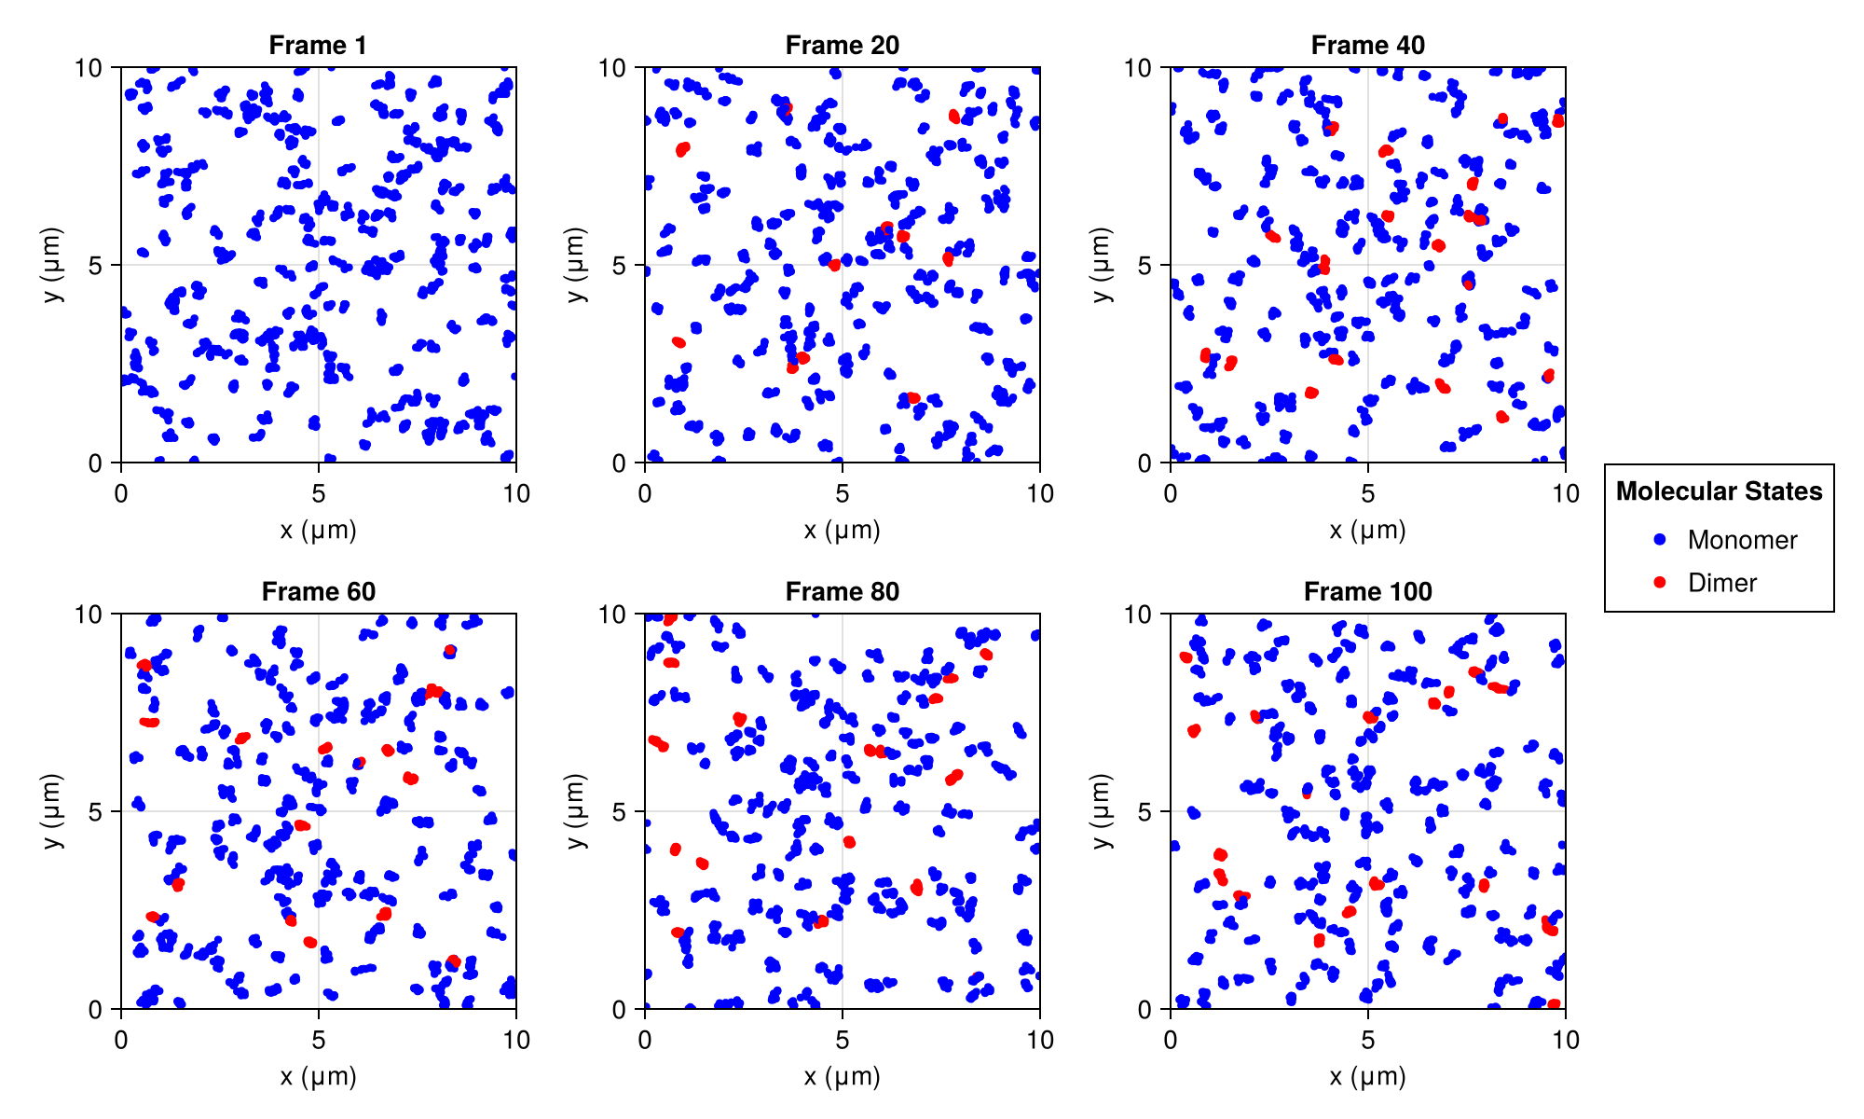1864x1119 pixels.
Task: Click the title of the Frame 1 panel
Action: tap(318, 45)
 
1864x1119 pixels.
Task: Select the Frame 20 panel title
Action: tap(843, 45)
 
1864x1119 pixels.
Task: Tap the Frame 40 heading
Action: tap(1367, 45)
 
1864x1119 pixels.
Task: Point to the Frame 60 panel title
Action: tap(318, 591)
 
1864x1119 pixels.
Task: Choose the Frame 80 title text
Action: tap(843, 591)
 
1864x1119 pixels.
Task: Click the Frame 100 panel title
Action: tap(1367, 591)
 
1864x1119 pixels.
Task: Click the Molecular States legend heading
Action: tap(1719, 491)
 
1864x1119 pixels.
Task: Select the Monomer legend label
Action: tap(1742, 540)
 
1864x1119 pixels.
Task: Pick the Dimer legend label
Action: tap(1722, 583)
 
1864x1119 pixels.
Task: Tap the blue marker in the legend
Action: tap(1659, 539)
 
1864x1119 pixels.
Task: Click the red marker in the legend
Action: tap(1659, 582)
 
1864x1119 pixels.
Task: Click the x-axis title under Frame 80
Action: tap(843, 1077)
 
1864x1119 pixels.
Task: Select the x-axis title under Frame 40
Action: tap(1367, 531)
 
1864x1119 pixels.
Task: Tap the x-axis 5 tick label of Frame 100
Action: tap(1367, 1040)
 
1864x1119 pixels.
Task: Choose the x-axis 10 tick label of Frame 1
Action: tap(515, 493)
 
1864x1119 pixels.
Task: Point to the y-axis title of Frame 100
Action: tap(1102, 811)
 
